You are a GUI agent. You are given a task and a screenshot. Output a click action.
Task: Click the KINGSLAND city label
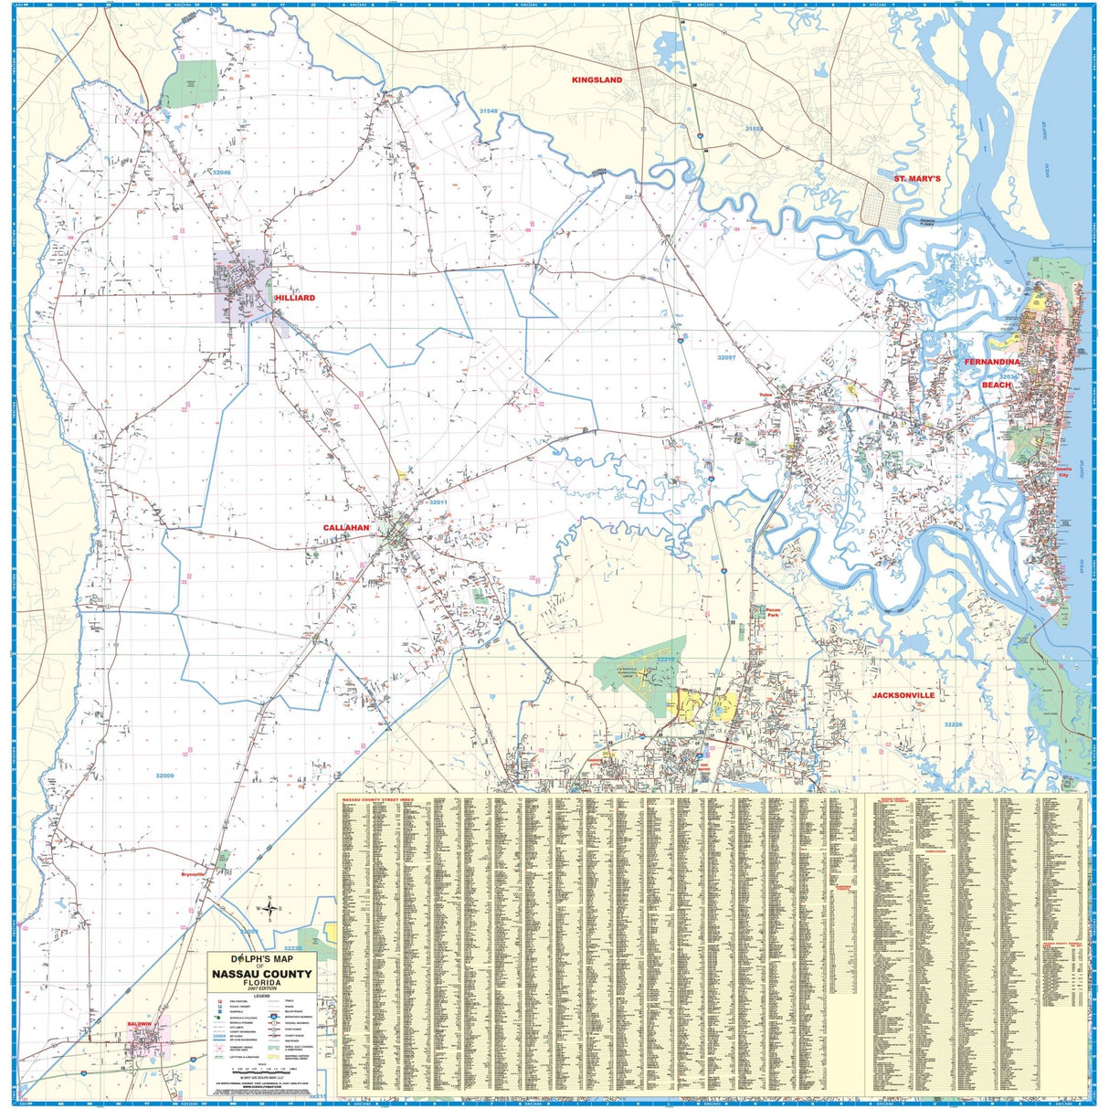tap(597, 80)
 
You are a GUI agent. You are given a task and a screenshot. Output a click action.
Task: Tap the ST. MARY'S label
tap(916, 178)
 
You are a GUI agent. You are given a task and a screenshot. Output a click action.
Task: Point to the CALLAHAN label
tap(345, 528)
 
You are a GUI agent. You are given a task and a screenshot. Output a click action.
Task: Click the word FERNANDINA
tap(991, 363)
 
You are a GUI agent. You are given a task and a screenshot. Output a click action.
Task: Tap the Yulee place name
tap(766, 396)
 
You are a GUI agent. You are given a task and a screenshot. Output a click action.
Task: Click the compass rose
tap(269, 907)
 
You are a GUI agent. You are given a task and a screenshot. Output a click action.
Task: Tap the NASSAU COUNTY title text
tap(262, 974)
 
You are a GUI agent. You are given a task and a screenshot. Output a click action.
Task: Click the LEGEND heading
tap(262, 996)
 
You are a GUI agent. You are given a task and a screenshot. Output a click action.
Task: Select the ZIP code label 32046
tap(222, 172)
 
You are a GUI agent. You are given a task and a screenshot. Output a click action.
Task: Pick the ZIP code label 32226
tap(953, 724)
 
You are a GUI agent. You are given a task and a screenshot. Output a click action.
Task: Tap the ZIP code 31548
tap(488, 111)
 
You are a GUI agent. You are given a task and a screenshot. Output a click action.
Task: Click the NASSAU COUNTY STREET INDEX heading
tap(377, 798)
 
